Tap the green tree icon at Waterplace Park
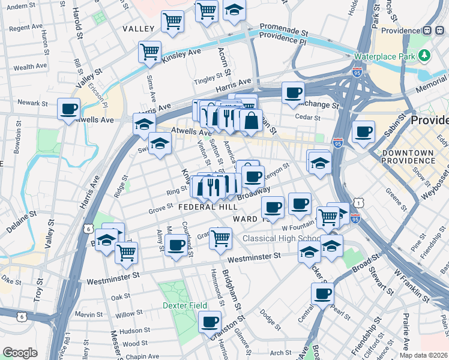point(425,56)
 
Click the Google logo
point(20,353)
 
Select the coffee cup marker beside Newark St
point(69,109)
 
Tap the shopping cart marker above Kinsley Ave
point(149,52)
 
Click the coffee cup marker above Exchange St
point(292,92)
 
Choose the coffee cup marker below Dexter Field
point(209,322)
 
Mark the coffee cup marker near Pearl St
point(322,294)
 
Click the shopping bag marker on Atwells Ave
point(251,120)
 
